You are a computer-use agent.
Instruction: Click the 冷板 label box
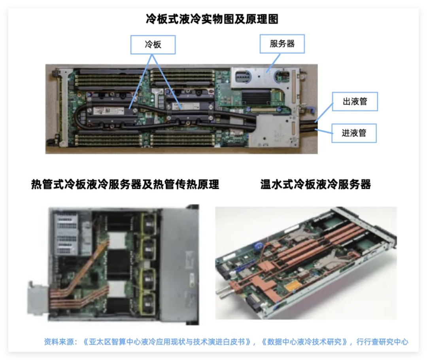pos(153,45)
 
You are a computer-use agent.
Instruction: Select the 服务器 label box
pos(282,44)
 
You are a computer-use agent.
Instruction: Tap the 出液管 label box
pos(355,102)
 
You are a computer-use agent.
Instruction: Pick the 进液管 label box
pos(354,133)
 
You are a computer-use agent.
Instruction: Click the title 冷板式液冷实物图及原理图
pos(212,19)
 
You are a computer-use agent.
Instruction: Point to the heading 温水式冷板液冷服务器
pos(316,184)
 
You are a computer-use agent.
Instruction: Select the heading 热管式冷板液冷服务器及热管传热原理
pos(125,184)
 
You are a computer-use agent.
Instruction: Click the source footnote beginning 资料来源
pos(226,342)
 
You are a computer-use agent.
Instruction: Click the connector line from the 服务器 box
pos(274,63)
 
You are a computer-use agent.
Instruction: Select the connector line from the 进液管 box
pos(324,131)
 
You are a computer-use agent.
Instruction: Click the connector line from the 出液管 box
pos(324,112)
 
